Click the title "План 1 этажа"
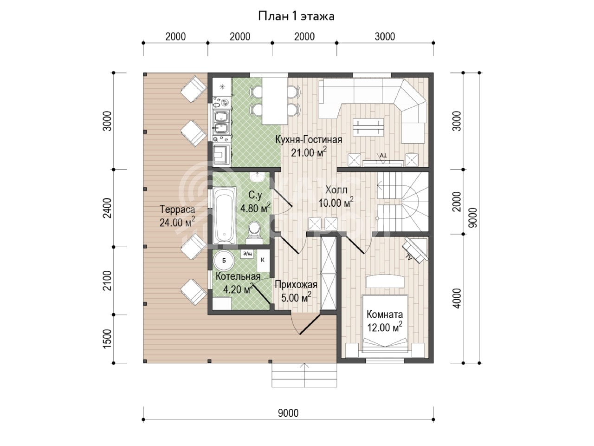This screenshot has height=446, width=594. click(297, 16)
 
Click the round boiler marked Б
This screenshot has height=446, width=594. click(224, 261)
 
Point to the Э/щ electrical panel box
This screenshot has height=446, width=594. click(247, 254)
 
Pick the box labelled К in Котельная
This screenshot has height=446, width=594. click(263, 260)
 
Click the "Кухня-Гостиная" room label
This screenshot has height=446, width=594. click(309, 140)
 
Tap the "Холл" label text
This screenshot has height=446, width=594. click(336, 190)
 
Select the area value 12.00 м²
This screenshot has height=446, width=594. click(384, 328)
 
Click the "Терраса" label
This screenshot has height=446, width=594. click(177, 210)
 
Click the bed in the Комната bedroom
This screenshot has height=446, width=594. click(385, 324)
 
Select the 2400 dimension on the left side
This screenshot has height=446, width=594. click(108, 208)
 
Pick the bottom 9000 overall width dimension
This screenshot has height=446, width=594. click(288, 413)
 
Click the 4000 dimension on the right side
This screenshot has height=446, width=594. click(457, 298)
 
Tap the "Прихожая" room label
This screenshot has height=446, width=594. click(296, 285)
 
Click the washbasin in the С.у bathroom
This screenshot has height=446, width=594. click(257, 177)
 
